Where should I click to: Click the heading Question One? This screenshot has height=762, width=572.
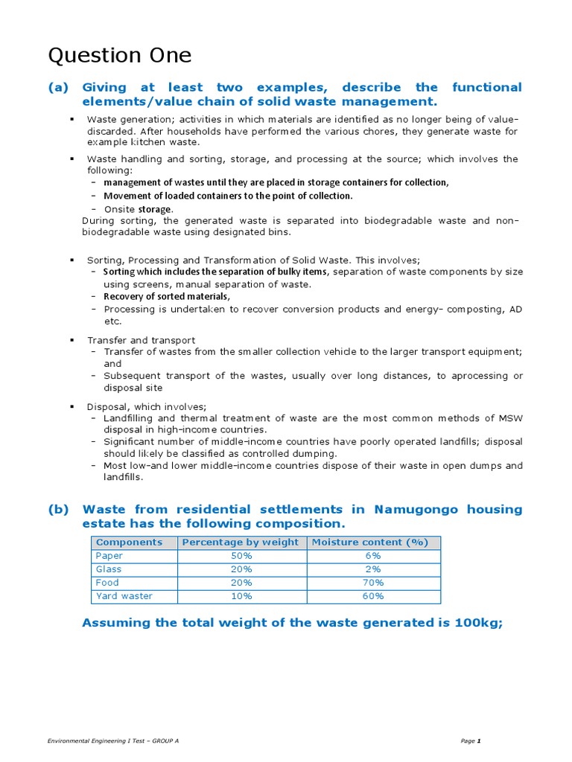tap(120, 56)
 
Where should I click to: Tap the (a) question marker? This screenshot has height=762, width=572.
tap(58, 88)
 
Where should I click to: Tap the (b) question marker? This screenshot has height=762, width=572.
tap(58, 510)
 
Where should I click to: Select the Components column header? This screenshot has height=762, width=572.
tap(129, 542)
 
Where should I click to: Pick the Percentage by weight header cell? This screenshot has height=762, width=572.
tap(241, 542)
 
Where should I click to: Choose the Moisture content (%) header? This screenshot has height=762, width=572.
tap(373, 542)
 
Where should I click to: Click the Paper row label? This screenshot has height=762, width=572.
tap(109, 556)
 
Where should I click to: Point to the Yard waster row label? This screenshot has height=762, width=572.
tap(124, 596)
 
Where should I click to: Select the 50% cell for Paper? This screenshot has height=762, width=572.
tap(241, 556)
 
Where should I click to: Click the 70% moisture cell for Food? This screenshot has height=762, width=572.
tap(373, 583)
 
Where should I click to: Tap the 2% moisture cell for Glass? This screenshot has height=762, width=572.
tap(373, 569)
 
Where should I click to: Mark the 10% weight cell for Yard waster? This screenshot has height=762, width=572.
tap(241, 596)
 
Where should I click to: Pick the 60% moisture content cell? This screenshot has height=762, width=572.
tap(373, 596)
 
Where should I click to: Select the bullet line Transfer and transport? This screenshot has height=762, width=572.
tap(141, 340)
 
